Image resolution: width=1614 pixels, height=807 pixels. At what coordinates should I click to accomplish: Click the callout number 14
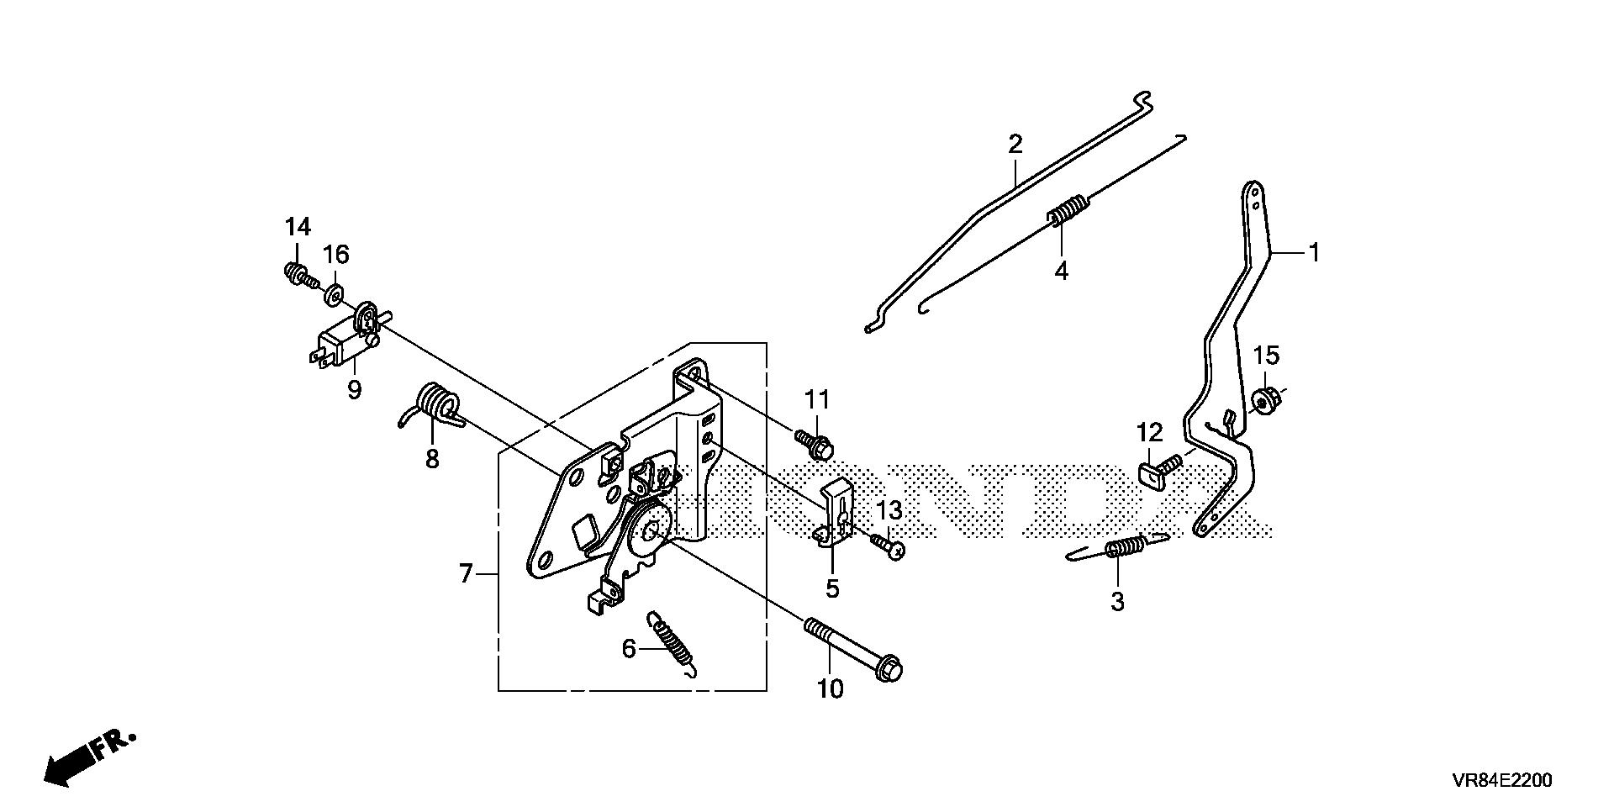click(298, 227)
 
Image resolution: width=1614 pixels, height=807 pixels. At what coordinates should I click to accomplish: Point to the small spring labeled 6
click(673, 643)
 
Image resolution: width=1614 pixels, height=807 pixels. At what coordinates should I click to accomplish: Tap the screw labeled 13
click(889, 546)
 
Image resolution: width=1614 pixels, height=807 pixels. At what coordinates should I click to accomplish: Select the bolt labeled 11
click(813, 444)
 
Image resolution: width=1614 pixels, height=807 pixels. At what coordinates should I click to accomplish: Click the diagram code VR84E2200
click(1501, 780)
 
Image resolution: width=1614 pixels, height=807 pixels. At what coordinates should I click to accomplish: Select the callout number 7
click(466, 574)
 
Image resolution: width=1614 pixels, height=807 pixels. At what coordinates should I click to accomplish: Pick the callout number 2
click(1015, 143)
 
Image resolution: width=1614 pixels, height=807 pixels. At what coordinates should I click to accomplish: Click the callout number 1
click(1313, 251)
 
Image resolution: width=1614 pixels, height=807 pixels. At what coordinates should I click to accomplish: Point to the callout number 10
click(830, 688)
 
